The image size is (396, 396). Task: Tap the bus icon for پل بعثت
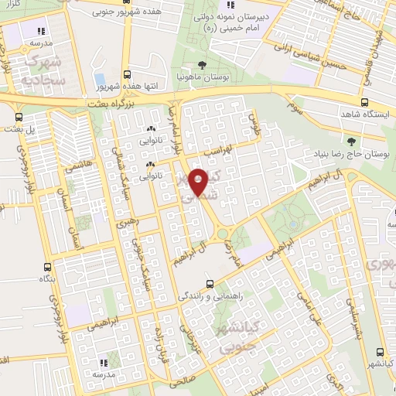pyautogui.click(x=18, y=118)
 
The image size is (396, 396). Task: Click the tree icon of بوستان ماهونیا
pyautogui.click(x=202, y=65)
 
